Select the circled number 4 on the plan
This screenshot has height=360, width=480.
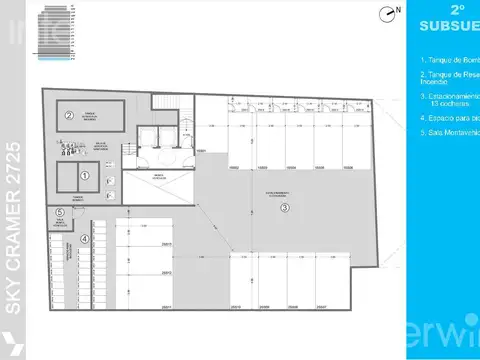(85, 238)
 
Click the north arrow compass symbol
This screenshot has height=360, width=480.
(388, 13)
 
